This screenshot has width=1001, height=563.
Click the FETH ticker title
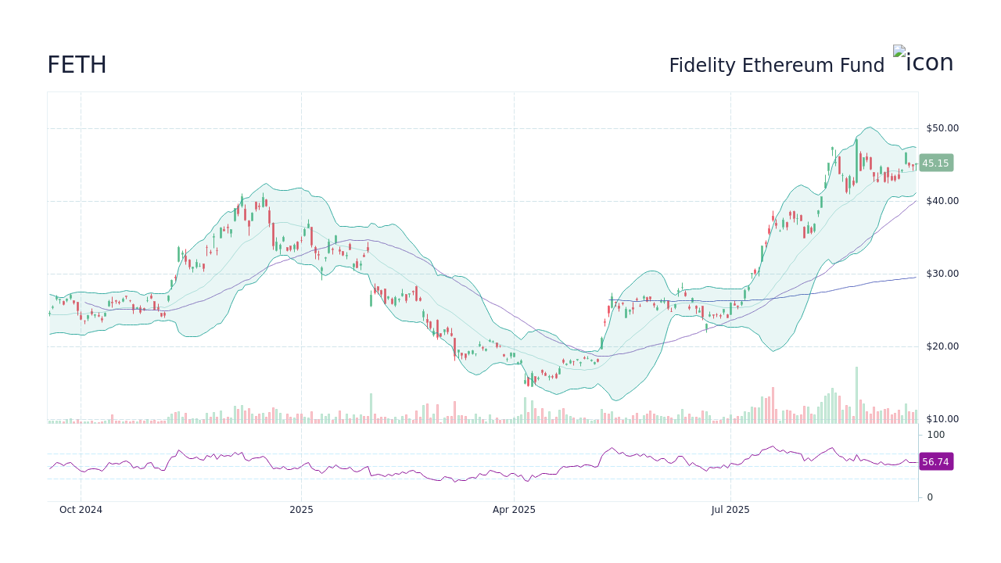point(77,66)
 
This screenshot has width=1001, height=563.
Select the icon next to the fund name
point(923,61)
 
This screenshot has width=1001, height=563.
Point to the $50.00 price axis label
point(942,128)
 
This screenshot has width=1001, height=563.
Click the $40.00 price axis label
point(942,201)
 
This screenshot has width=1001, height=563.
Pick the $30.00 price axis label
point(942,274)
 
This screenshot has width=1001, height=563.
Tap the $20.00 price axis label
point(942,346)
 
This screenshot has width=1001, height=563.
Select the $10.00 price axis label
point(942,419)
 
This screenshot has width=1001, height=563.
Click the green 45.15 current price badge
point(935,163)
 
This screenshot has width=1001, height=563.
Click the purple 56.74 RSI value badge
point(935,462)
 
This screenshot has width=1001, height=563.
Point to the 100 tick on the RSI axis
point(936,435)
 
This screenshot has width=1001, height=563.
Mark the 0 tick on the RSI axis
point(930,497)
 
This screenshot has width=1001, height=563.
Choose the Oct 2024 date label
point(81,510)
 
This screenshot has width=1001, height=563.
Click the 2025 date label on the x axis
point(301,510)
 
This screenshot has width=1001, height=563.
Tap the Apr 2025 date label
point(514,510)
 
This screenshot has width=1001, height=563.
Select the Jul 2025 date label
point(730,510)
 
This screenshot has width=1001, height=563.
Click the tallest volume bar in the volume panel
point(856,395)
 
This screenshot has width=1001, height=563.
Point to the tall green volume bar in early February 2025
point(371,408)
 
